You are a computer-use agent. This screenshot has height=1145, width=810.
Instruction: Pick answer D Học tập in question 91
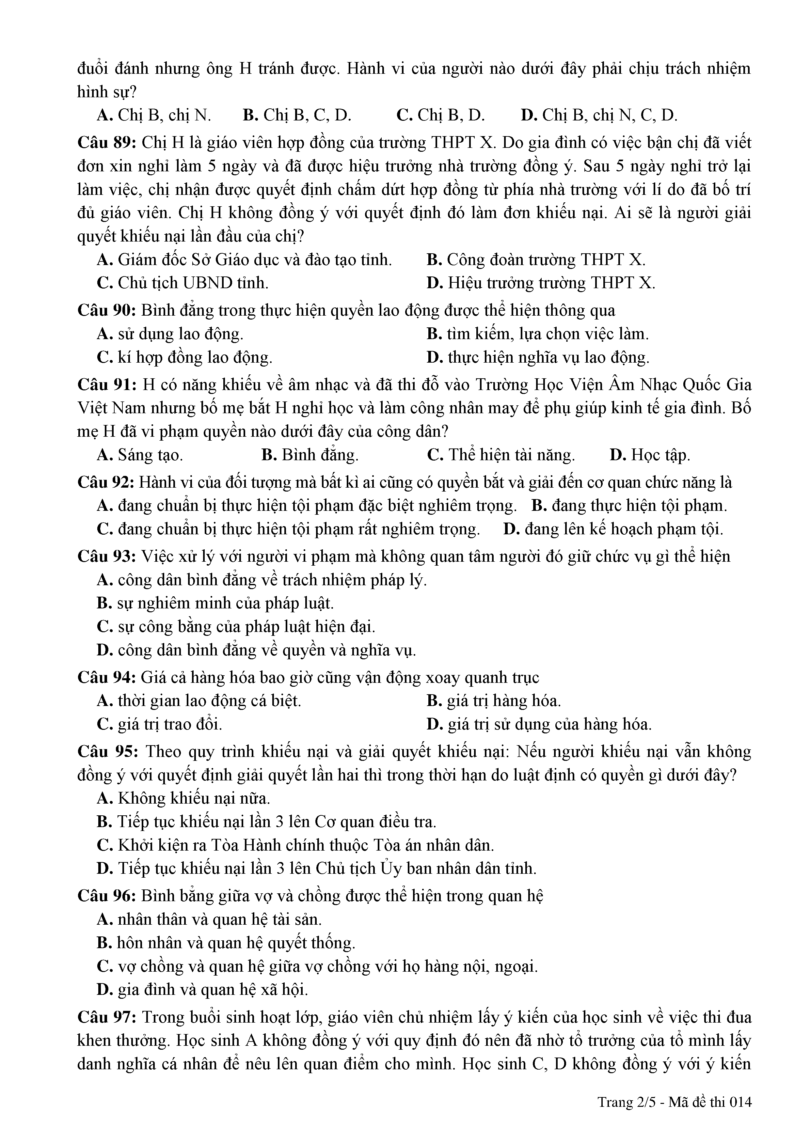pyautogui.click(x=650, y=455)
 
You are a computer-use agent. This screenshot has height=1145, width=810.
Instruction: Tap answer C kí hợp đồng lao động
pyautogui.click(x=184, y=357)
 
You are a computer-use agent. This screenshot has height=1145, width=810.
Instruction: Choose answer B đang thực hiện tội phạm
pyautogui.click(x=629, y=506)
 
